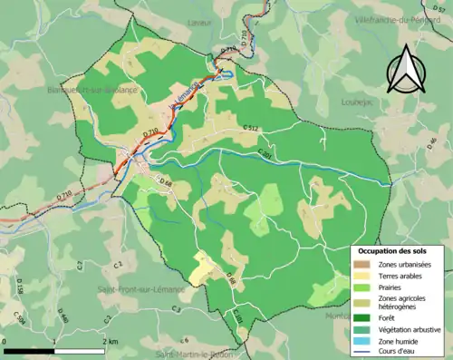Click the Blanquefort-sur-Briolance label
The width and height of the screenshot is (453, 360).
(x=90, y=91)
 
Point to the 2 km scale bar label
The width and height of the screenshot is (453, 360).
(x=111, y=341)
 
